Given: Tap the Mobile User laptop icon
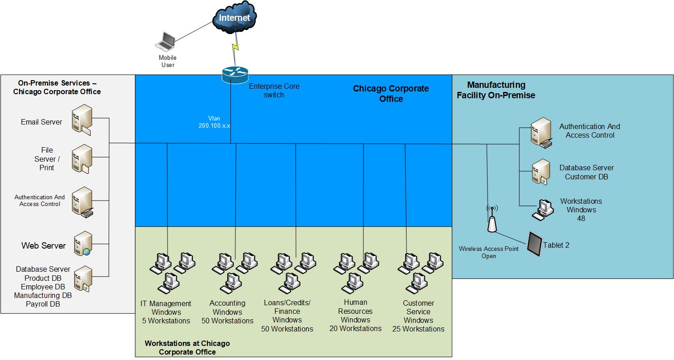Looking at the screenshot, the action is point(165,42).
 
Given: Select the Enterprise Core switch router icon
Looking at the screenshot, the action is point(235,75).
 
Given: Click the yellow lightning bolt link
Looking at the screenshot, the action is point(235,47).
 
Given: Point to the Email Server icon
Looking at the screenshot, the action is point(81,120).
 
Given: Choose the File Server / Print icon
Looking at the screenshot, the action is point(81,158).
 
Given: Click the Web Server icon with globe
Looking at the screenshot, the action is point(83,244).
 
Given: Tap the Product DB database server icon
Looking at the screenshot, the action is point(83,279).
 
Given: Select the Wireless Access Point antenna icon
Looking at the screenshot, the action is point(492,219).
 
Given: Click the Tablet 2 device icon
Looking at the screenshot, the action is point(535,244).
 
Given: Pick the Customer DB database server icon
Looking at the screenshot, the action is point(541,172).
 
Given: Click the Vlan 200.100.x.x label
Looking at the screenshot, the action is point(214,122).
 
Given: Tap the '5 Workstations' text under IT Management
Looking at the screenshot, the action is point(166,321).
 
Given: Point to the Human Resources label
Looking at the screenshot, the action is point(355,307).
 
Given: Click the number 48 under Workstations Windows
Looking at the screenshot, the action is point(581,218).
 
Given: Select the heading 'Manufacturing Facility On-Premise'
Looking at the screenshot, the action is point(496,90).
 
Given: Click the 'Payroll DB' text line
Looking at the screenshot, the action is point(43,304).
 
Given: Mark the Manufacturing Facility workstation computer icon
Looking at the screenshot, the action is point(543,210).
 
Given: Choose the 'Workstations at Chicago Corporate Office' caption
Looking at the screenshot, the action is point(187,348).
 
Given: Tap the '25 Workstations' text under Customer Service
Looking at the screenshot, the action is point(418,329).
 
